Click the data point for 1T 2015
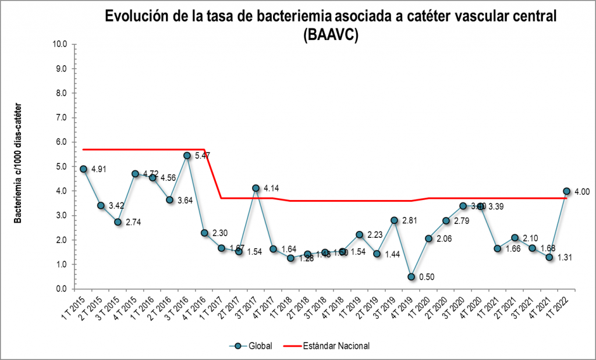pyautogui.click(x=83, y=169)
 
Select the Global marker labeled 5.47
pyautogui.click(x=187, y=155)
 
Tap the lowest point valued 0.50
pyautogui.click(x=411, y=277)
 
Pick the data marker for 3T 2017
pyautogui.click(x=256, y=188)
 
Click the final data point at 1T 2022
pyautogui.click(x=566, y=191)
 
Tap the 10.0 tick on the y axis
pyautogui.click(x=61, y=44)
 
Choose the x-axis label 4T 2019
pyautogui.click(x=402, y=305)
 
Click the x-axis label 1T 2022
pyautogui.click(x=557, y=305)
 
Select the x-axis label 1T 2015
pyautogui.click(x=73, y=305)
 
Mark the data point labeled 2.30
pyautogui.click(x=204, y=233)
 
